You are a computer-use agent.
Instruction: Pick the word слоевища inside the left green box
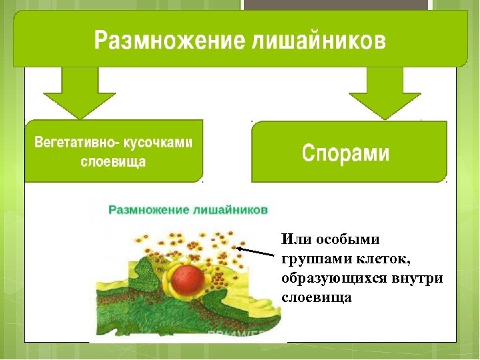tap(113, 162)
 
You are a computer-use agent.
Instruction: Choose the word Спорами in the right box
tap(345, 153)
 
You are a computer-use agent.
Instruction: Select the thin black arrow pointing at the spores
tap(257, 251)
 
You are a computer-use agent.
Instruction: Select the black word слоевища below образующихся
tap(316, 297)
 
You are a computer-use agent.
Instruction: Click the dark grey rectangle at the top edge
tap(335, 5)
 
